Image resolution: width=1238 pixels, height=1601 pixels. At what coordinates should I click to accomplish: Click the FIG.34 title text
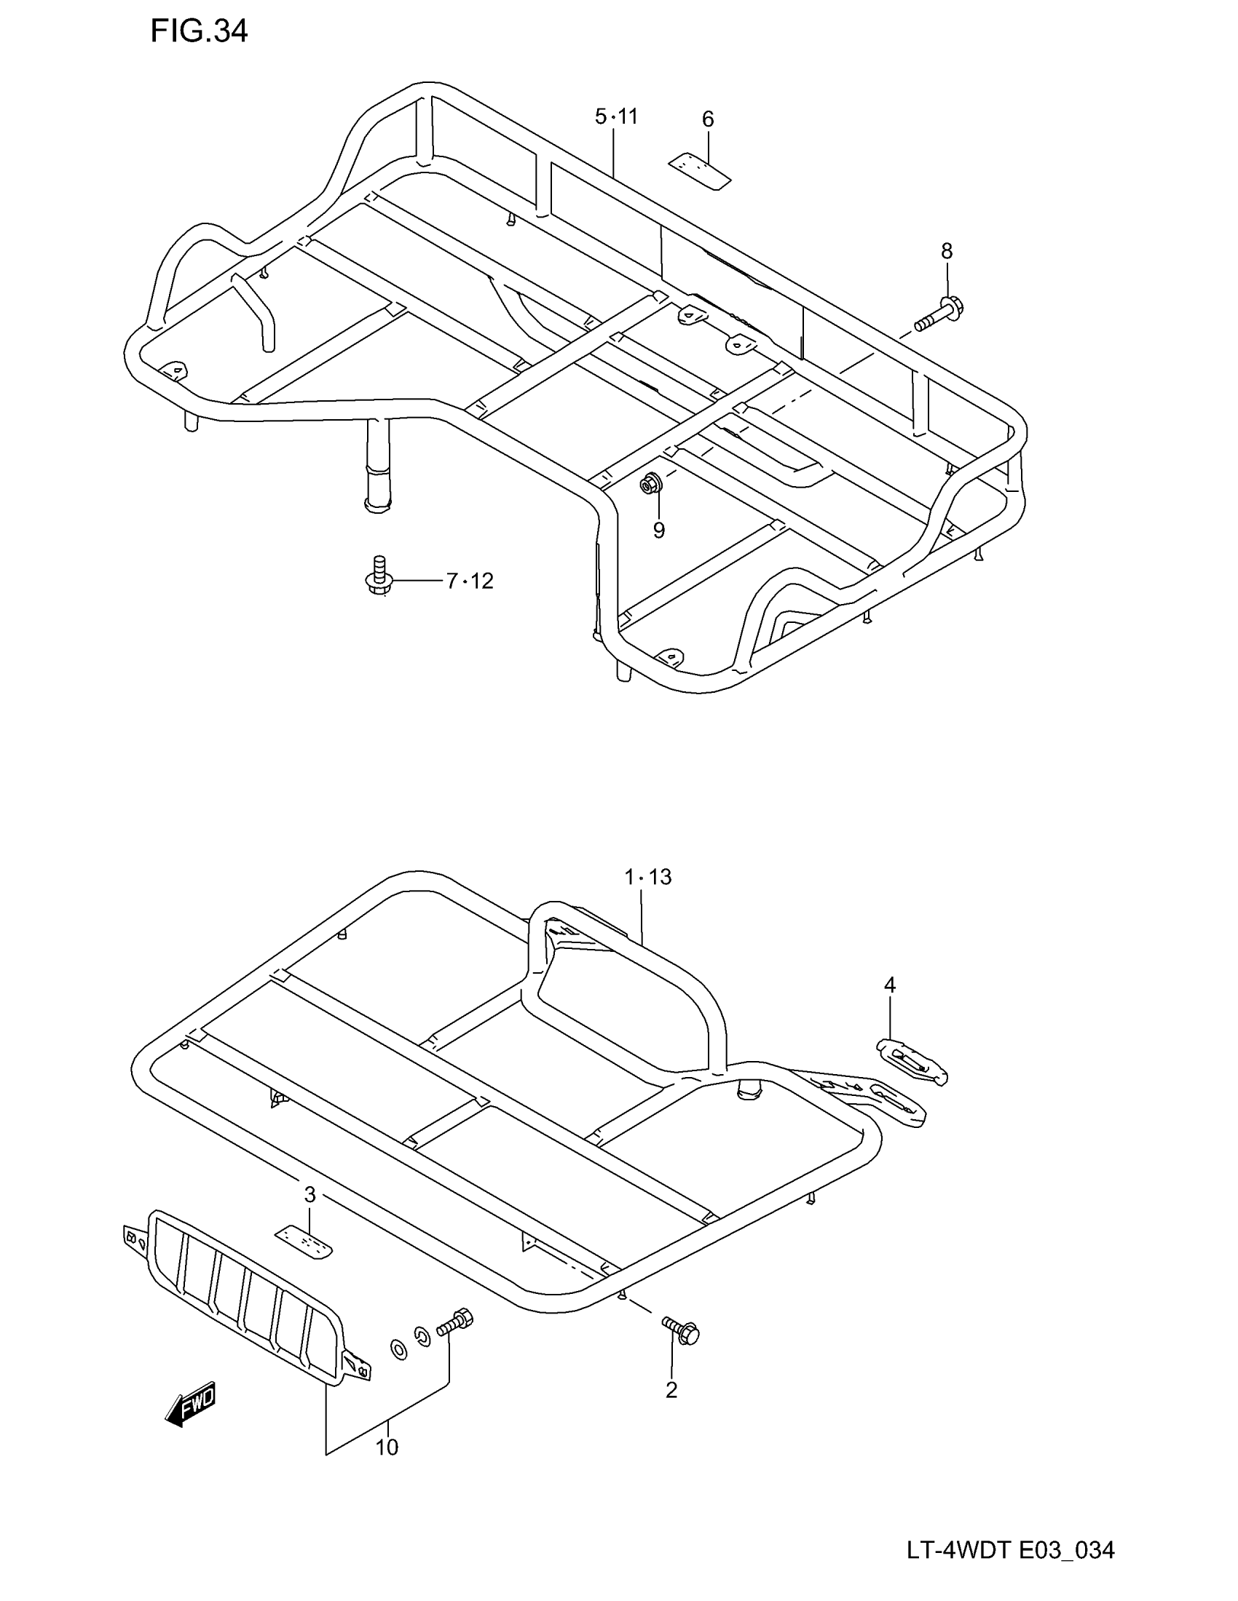click(199, 31)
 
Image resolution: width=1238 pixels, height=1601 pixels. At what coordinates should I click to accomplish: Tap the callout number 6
click(708, 119)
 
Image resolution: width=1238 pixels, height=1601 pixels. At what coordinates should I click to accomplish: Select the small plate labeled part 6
click(700, 171)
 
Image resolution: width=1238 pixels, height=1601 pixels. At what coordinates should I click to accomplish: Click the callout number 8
click(947, 252)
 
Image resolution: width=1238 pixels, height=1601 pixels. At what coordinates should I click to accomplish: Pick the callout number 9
click(658, 530)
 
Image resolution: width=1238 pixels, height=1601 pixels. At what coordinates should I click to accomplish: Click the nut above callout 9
click(650, 483)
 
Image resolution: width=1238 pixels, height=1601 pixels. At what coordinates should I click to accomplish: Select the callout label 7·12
click(470, 581)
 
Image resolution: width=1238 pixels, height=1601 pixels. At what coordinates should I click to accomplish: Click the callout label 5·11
click(616, 116)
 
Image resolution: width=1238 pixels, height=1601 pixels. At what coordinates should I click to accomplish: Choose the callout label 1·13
click(647, 877)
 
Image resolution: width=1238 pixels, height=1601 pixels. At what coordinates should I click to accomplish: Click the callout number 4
click(890, 985)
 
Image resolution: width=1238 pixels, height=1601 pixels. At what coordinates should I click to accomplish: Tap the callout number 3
click(309, 1195)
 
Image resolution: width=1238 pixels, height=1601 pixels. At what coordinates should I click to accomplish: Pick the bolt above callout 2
click(682, 1330)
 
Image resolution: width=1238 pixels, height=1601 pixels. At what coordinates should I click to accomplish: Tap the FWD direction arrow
click(191, 1403)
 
